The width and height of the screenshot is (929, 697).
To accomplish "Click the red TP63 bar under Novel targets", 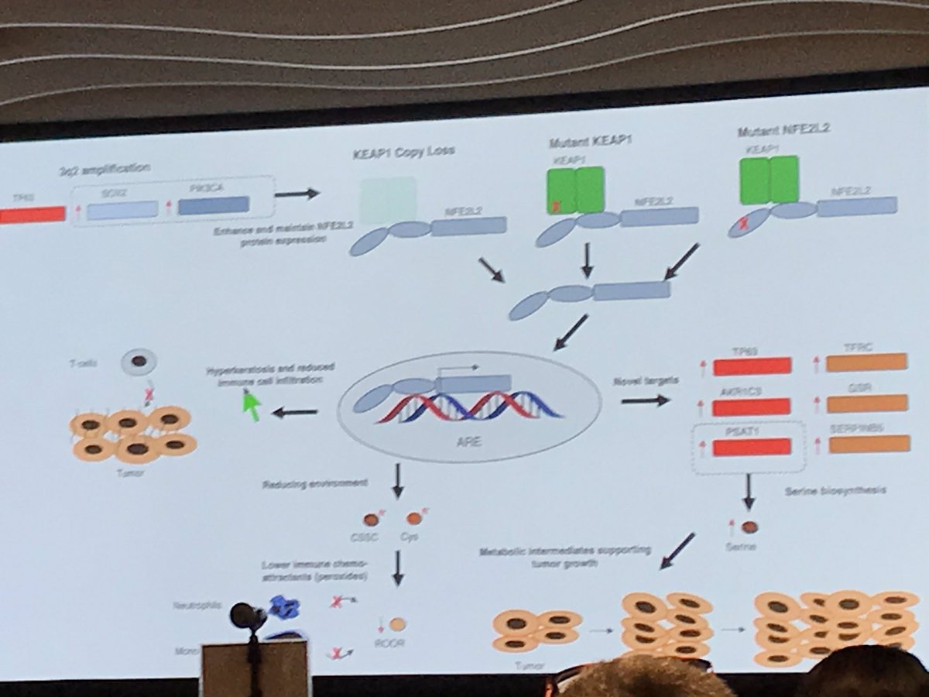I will point(752,366).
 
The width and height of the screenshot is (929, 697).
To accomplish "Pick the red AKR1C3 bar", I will point(752,407).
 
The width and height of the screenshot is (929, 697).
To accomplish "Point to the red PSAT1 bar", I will point(752,447).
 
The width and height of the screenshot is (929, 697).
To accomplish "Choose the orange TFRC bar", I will point(866,362).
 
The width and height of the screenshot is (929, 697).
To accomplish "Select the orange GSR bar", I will point(867,403).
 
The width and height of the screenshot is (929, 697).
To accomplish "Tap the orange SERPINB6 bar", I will point(869,444).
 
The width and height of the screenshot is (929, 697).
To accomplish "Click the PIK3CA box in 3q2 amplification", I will point(213,204).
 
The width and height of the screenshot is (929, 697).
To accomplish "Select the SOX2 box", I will point(122,210).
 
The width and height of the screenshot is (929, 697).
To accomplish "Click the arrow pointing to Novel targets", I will point(645,400).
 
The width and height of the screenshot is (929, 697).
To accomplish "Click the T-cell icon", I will point(139,361).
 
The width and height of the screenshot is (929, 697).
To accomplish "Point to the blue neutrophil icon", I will point(284,608).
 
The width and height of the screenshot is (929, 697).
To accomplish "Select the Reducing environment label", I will point(315,484).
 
